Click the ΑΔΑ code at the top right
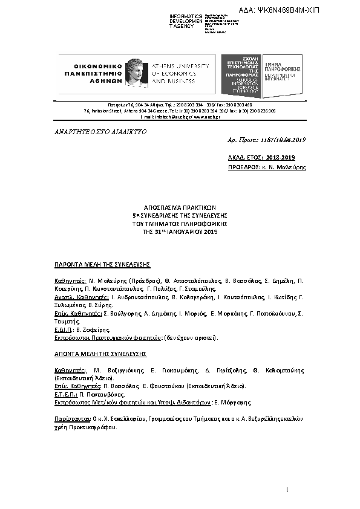point(296,10)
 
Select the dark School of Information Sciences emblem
point(241,76)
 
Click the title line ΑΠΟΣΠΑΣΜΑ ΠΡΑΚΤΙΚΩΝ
point(180,207)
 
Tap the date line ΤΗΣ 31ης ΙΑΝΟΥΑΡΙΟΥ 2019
point(180,232)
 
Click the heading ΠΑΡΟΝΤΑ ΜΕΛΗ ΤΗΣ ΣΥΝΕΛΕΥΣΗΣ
point(102,265)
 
